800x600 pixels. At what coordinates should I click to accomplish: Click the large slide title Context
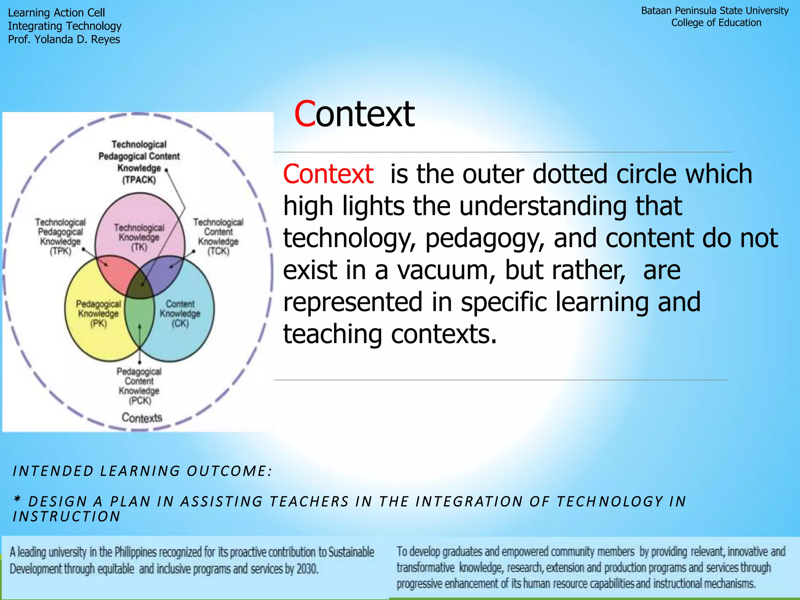click(354, 114)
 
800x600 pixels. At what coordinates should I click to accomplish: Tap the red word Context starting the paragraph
click(328, 174)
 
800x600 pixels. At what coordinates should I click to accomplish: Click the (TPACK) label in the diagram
click(139, 180)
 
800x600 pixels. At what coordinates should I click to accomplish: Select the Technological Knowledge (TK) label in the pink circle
click(139, 237)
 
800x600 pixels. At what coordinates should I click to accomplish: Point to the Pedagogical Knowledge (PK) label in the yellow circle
click(98, 313)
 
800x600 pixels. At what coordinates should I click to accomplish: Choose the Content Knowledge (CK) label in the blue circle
click(180, 313)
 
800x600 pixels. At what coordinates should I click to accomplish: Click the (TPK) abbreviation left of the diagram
click(61, 251)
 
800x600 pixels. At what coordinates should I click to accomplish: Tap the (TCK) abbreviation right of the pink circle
click(218, 251)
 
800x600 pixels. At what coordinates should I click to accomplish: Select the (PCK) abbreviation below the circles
click(140, 401)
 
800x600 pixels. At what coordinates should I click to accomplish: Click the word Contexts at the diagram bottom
click(142, 418)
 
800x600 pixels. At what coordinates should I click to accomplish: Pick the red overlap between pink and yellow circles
click(116, 273)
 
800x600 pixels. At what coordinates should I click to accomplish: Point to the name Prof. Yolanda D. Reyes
click(64, 39)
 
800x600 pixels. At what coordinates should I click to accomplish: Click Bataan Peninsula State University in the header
click(714, 11)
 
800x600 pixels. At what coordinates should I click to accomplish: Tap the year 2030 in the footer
click(307, 569)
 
